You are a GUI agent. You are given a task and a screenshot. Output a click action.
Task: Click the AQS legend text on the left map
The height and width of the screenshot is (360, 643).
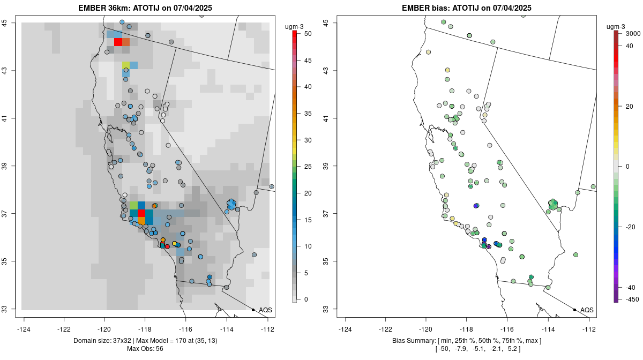click(x=265, y=310)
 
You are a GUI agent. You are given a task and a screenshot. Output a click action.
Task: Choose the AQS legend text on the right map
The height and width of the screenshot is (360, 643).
click(x=587, y=310)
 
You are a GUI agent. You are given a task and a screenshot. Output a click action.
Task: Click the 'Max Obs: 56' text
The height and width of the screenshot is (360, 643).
click(x=145, y=349)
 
